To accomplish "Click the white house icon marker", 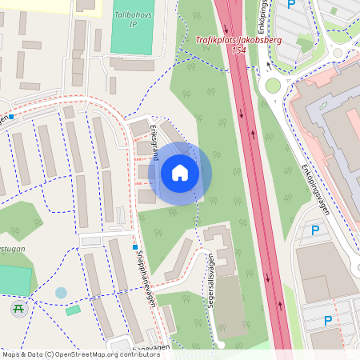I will click(180, 172).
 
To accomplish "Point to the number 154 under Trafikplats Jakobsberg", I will click(238, 50).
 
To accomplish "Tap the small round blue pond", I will click(62, 293).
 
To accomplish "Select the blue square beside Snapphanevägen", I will click(136, 247).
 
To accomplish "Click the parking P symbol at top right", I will click(291, 5).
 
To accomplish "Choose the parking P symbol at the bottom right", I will click(328, 321).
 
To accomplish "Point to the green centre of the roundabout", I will click(274, 86).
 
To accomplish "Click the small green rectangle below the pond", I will click(73, 310).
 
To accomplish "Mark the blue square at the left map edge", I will click(11, 116).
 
